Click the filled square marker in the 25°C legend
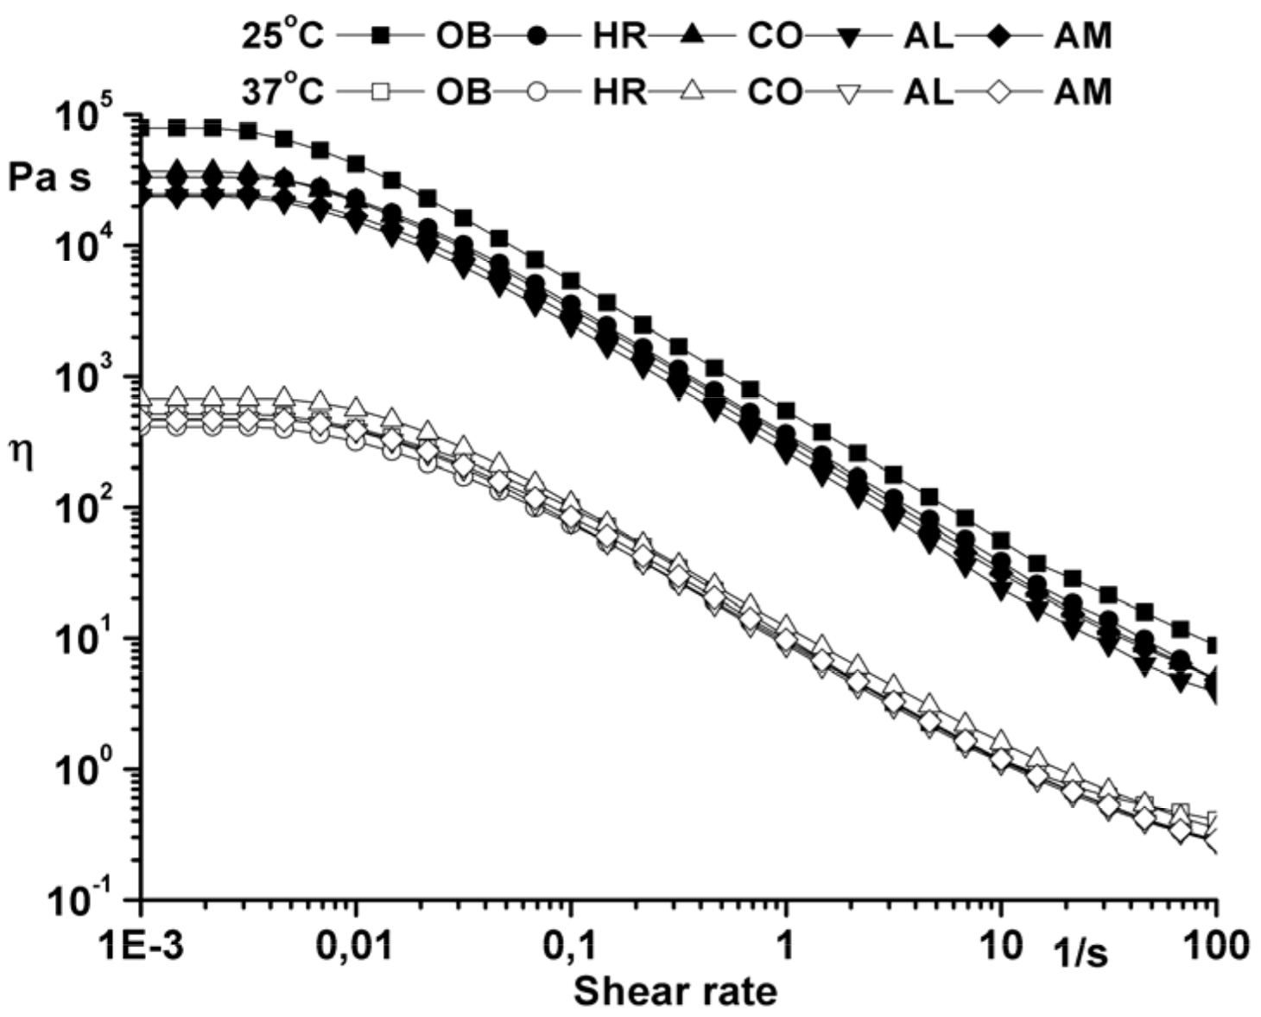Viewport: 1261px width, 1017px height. (380, 35)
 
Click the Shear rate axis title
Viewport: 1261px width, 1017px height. (675, 991)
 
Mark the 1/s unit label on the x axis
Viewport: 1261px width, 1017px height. (1080, 952)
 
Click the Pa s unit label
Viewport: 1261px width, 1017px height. (49, 178)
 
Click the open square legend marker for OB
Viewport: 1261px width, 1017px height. (380, 91)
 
